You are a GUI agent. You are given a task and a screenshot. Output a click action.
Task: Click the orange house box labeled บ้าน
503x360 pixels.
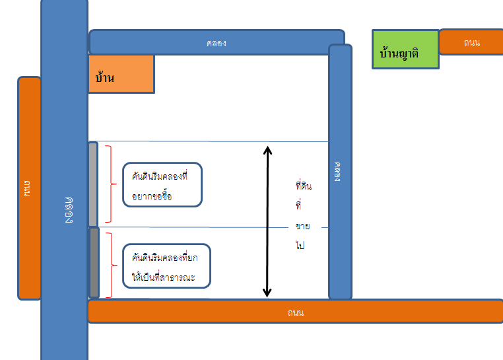[x=121, y=73]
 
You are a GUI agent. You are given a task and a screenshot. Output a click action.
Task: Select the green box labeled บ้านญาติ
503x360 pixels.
[x=405, y=50]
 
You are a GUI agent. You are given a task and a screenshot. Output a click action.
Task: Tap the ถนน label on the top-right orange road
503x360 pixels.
[x=471, y=42]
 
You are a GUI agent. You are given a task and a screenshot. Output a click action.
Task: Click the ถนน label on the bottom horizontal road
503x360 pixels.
[x=295, y=312]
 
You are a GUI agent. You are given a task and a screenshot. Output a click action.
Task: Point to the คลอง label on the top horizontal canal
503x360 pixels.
[x=217, y=43]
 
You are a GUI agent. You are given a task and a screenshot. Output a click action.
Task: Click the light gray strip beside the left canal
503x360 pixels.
[x=93, y=184]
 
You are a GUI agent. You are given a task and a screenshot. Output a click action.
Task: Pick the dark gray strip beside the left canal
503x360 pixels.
[x=94, y=262]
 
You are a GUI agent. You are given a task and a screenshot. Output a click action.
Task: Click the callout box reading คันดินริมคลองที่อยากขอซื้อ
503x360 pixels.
[x=162, y=185]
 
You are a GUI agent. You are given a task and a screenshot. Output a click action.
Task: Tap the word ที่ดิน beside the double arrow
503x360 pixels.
[x=304, y=186]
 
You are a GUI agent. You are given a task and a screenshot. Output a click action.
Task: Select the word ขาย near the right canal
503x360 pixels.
[x=303, y=227]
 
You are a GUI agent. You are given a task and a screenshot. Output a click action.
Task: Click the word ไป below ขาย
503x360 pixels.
[x=300, y=244]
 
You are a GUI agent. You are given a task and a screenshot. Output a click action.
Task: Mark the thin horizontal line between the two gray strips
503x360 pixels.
[x=198, y=228]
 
